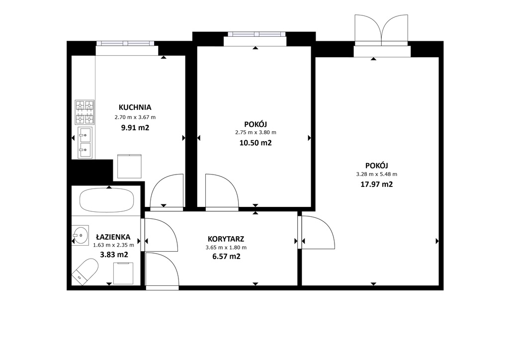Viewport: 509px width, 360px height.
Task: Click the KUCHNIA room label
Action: (135, 107)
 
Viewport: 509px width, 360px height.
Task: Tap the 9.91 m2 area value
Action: (135, 128)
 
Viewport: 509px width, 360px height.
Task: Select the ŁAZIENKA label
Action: (113, 237)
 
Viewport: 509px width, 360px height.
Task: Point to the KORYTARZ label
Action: (226, 239)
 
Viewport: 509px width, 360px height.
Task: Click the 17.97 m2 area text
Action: (377, 184)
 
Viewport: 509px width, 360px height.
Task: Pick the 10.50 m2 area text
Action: (255, 143)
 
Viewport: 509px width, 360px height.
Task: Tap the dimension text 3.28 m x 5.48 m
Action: (377, 174)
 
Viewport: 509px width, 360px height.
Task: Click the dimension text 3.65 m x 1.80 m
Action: (226, 247)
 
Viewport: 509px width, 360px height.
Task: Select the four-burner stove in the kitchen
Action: (85, 112)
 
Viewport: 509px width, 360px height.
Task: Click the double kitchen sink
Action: (85, 143)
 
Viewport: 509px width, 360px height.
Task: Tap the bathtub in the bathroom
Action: (107, 200)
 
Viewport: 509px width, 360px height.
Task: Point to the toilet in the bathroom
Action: (85, 271)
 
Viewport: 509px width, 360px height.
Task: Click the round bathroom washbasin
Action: (80, 235)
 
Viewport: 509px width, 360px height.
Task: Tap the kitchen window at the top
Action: (125, 43)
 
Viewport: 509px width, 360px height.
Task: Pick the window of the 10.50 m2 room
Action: (256, 34)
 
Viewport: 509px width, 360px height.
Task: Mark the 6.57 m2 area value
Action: (226, 257)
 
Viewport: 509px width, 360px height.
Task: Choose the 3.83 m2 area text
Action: (114, 255)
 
